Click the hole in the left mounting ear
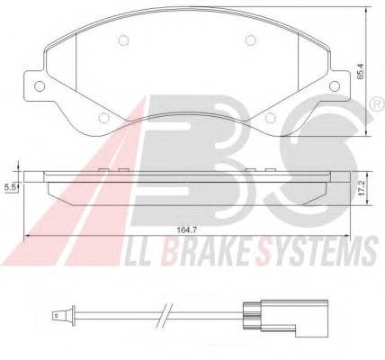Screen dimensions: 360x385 [39, 85]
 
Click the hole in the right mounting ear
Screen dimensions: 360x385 [334, 85]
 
